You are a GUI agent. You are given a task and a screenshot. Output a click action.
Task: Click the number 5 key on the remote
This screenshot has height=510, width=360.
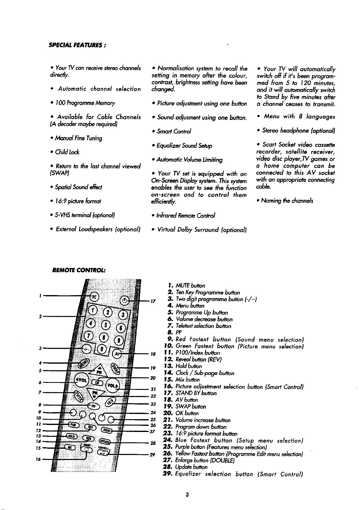click(106, 325)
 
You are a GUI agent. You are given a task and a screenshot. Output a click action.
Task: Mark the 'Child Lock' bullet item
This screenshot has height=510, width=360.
click(63, 152)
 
